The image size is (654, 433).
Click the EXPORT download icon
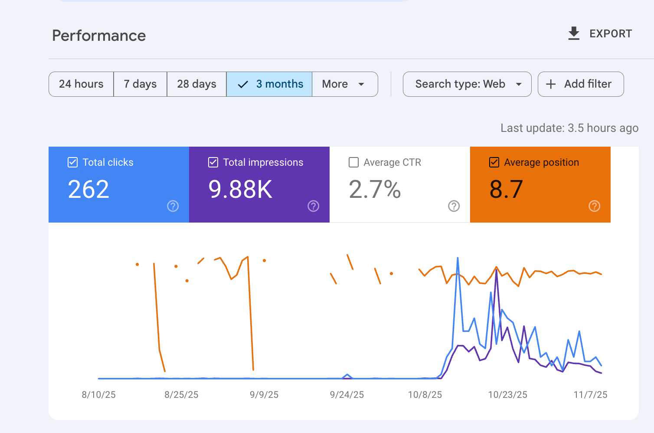[574, 33]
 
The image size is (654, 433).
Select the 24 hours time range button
[81, 84]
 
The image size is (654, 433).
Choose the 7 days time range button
[140, 84]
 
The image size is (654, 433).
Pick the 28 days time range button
[196, 84]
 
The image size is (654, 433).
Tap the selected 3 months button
[269, 84]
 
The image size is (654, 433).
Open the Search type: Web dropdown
[467, 84]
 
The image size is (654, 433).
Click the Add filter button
[580, 84]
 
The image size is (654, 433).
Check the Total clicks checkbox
[73, 162]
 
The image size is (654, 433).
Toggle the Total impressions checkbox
[213, 162]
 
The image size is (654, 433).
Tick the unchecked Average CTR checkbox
[354, 162]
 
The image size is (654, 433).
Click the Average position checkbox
[494, 162]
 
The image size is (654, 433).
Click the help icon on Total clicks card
[173, 206]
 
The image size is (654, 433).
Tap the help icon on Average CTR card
[454, 206]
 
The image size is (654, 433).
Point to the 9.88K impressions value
[240, 190]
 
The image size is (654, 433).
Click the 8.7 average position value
[506, 190]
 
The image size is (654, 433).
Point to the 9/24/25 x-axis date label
[347, 395]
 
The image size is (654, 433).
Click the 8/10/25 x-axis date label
[99, 395]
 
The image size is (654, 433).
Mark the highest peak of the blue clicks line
[458, 258]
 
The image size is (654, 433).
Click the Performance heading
[99, 36]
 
